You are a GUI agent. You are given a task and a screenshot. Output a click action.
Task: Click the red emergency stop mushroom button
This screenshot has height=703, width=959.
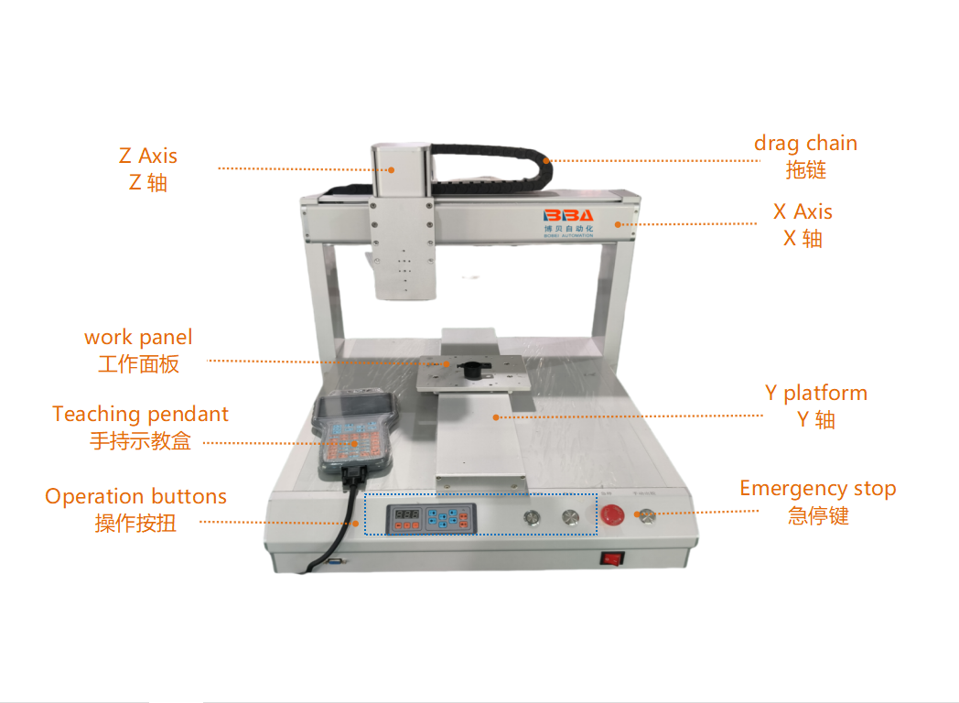click(x=612, y=514)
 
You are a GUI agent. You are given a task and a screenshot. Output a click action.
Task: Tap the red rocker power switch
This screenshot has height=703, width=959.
click(x=611, y=558)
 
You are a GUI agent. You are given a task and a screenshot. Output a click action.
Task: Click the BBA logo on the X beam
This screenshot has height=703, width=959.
click(x=568, y=215)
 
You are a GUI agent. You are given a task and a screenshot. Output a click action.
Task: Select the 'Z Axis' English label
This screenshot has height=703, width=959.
click(x=148, y=156)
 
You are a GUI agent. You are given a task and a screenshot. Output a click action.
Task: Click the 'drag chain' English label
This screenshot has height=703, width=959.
click(x=805, y=143)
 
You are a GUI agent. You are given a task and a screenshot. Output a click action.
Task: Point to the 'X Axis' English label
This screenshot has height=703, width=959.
click(x=803, y=211)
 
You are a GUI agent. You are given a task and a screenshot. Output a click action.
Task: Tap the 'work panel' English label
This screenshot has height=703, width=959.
click(x=138, y=337)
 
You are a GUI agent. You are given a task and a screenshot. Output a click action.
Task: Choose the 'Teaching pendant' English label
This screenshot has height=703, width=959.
click(x=141, y=415)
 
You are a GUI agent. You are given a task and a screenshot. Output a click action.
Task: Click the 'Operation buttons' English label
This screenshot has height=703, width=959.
click(x=135, y=496)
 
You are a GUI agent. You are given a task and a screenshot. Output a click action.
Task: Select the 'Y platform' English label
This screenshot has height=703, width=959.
click(x=816, y=393)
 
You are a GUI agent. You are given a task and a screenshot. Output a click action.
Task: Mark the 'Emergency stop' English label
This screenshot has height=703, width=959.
click(x=818, y=489)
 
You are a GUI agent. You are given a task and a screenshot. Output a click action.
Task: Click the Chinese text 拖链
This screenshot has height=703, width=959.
click(x=805, y=169)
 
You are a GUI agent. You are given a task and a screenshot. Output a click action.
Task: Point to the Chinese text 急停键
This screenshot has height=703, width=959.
click(x=818, y=515)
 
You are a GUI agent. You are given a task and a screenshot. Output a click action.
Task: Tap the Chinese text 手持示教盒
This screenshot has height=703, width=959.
click(x=141, y=441)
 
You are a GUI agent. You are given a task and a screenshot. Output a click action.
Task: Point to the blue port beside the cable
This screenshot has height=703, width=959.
click(x=335, y=560)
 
